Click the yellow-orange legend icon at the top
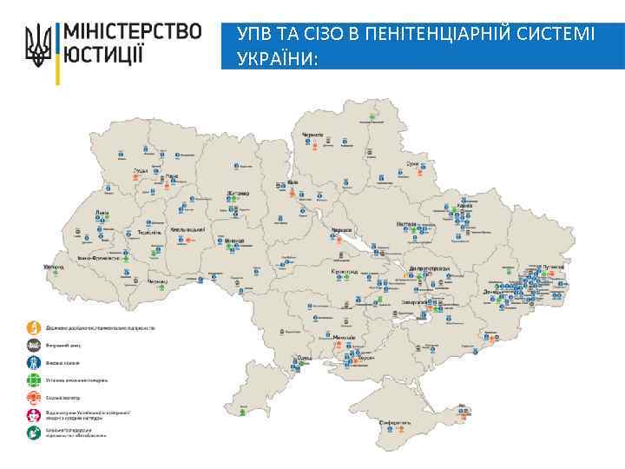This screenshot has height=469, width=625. pyautogui.click(x=33, y=327)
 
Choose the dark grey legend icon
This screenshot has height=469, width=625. pyautogui.click(x=33, y=345)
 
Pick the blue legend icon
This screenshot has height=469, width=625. pyautogui.click(x=33, y=362)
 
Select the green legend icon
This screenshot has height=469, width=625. pyautogui.click(x=33, y=380)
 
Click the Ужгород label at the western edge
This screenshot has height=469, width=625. pyautogui.click(x=54, y=266)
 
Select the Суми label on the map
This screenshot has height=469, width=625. pyautogui.click(x=413, y=162)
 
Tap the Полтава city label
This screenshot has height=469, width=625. pyautogui.click(x=408, y=223)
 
